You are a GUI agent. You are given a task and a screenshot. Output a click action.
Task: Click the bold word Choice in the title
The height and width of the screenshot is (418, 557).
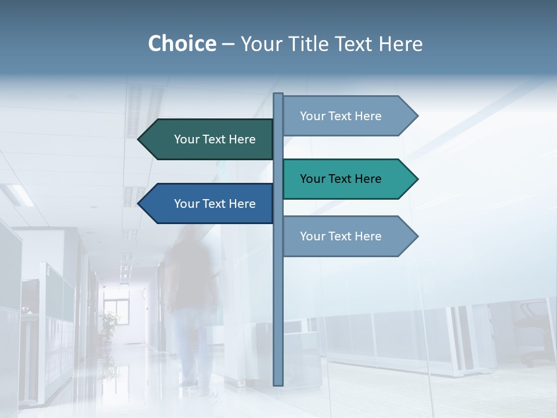tap(182, 44)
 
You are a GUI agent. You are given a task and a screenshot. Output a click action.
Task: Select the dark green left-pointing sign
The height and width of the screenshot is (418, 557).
tap(209, 139)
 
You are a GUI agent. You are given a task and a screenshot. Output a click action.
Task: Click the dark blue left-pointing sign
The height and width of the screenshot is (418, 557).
tap(209, 204)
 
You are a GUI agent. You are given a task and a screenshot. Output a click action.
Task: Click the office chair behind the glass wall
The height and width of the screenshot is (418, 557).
tap(533, 331)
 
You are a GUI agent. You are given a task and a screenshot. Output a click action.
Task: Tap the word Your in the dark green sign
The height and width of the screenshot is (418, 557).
tap(187, 139)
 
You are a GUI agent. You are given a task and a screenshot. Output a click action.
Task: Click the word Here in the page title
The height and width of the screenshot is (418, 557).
tap(400, 44)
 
